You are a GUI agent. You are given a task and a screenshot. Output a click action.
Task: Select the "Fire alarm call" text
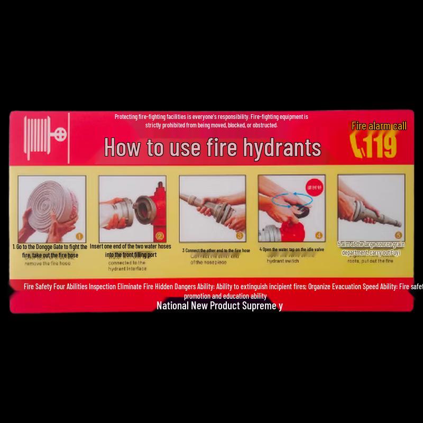tap(379, 126)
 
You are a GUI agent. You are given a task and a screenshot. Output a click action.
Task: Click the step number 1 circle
tap(79, 236)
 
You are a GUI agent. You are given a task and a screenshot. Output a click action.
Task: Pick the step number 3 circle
tap(239, 236)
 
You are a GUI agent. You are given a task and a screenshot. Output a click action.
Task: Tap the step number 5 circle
tap(398, 235)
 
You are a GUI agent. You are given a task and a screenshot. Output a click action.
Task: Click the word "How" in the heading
tap(124, 148)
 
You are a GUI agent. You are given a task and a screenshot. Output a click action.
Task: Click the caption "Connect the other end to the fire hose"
tap(216, 250)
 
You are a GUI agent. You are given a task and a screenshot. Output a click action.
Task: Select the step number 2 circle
tap(160, 236)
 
